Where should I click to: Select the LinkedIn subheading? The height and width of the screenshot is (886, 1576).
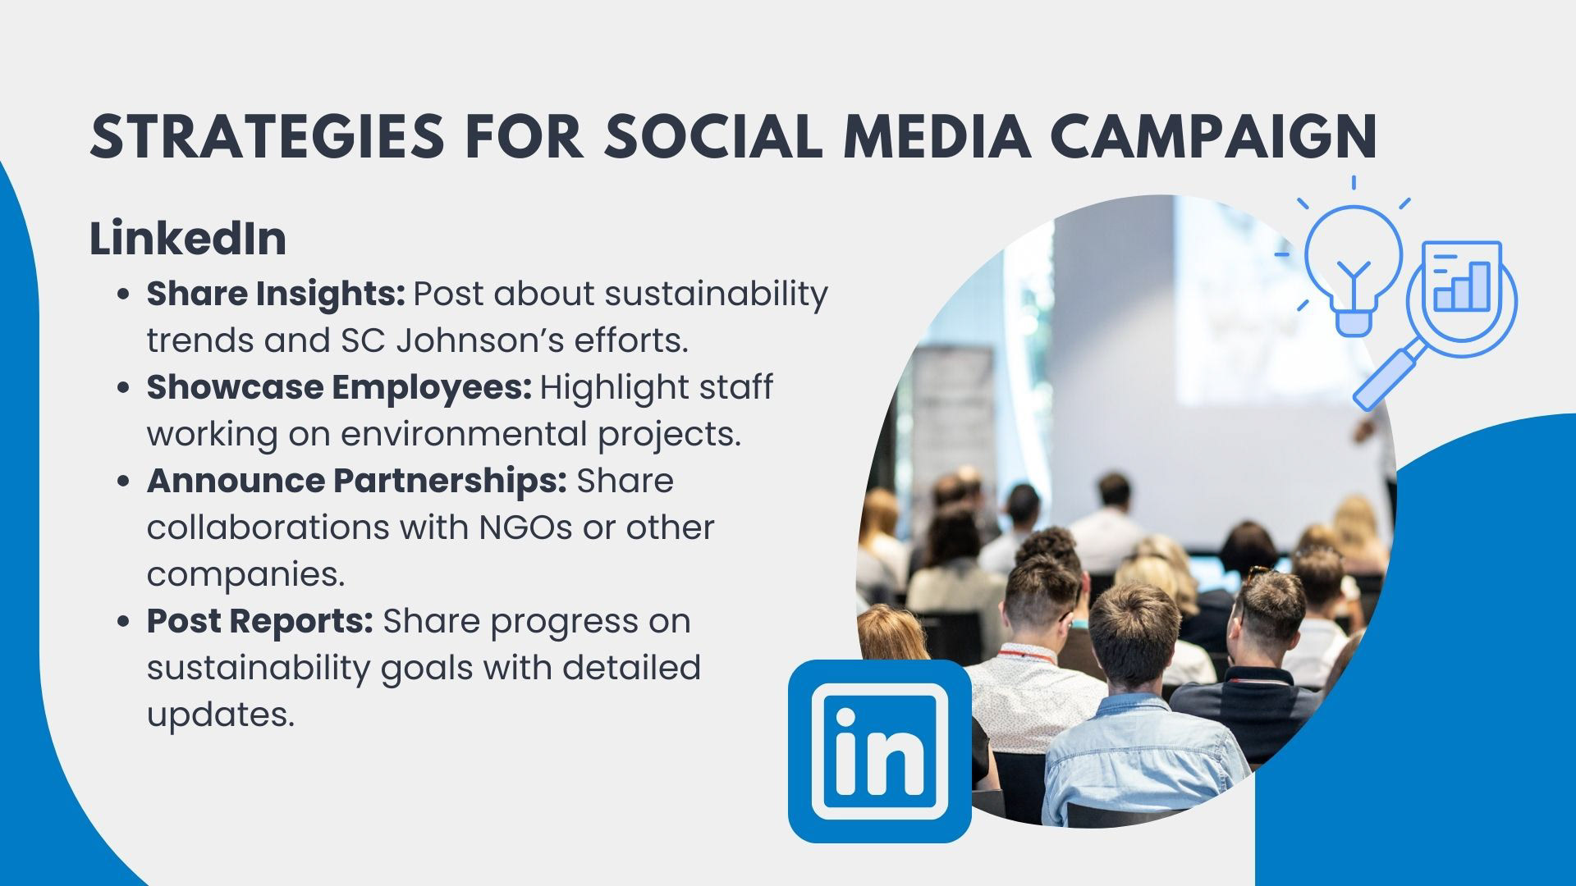point(188,239)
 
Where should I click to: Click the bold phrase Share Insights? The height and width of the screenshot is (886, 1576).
point(276,295)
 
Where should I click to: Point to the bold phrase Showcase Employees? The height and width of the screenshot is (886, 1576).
point(340,388)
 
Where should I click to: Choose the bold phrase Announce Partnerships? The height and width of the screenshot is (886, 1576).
point(357,481)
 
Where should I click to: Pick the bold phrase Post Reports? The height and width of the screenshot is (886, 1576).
point(260,622)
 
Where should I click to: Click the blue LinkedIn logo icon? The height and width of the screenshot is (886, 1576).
point(880,751)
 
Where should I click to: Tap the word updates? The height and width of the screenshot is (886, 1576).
point(220,715)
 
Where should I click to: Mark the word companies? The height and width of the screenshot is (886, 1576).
point(245,575)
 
